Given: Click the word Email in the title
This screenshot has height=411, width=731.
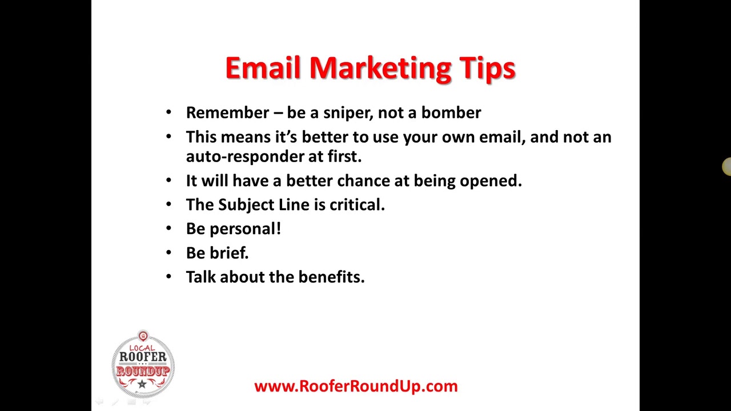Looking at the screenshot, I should point(263,68).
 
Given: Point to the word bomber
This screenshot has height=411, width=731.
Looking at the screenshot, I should point(451,112).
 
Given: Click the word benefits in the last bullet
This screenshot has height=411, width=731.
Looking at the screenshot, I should point(331,277).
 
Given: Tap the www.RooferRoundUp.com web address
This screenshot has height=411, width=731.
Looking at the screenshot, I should point(356,386).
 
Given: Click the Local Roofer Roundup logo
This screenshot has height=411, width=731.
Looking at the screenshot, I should point(143,364).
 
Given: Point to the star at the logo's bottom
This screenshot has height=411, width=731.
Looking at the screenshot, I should point(142,385).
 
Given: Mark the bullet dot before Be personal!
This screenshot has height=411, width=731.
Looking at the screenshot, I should point(168,228).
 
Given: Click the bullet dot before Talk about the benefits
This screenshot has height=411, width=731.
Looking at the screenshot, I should point(168,276).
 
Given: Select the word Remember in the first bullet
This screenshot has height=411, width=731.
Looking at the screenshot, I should point(227,112).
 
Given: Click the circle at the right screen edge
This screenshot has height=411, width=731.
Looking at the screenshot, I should point(727,167).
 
